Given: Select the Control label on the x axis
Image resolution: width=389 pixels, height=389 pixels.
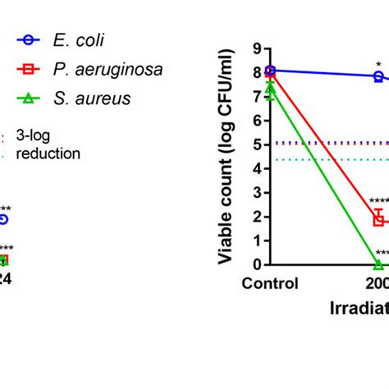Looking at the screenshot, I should (270, 284).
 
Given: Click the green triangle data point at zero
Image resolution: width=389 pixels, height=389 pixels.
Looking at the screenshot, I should (378, 264).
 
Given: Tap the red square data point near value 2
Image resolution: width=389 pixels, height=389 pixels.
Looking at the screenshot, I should (378, 219).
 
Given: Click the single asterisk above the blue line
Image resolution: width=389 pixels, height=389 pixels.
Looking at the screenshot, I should (378, 63).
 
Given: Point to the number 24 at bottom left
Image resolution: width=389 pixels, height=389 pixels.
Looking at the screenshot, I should (4, 278).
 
